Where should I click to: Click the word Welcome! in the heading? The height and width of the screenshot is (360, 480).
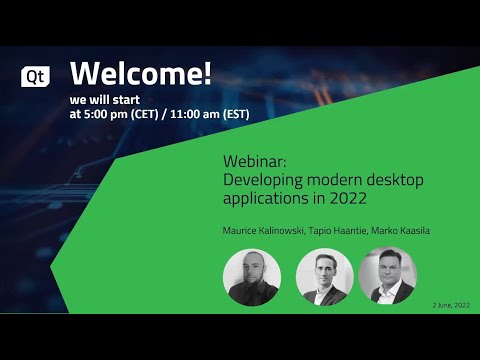click(141, 73)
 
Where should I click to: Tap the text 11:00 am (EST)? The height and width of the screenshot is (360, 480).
click(210, 113)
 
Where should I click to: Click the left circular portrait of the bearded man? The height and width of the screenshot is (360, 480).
click(251, 277)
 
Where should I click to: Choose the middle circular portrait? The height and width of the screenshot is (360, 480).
click(325, 277)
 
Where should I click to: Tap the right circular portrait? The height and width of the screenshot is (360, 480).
click(387, 277)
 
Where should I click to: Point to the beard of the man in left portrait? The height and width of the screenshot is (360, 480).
click(250, 284)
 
